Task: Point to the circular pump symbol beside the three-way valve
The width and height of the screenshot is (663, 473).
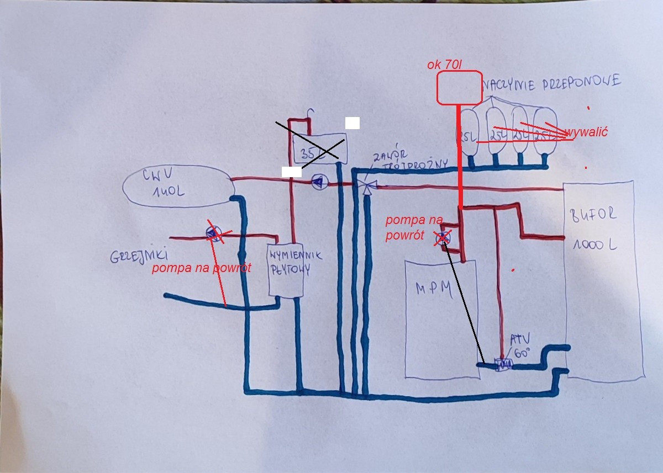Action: coord(319,182)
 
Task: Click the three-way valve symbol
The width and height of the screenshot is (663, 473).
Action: coord(364,184)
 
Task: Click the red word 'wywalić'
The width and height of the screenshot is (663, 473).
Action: coord(586,132)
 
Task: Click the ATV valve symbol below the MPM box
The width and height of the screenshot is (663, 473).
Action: coord(503,364)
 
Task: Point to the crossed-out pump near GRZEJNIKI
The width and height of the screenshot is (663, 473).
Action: coord(213,235)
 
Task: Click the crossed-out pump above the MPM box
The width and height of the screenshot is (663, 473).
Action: coord(443,238)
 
